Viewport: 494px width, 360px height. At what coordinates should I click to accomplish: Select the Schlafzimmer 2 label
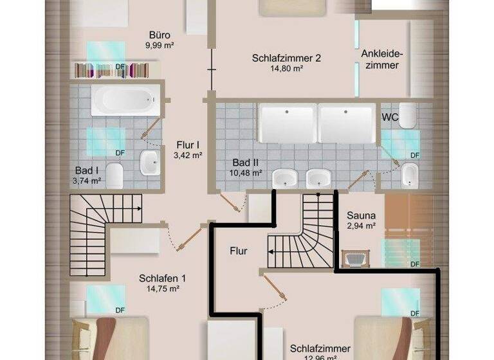tap(286, 59)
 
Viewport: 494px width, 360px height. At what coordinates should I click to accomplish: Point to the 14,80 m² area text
tap(286, 69)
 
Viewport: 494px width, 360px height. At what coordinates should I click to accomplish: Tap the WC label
tap(390, 118)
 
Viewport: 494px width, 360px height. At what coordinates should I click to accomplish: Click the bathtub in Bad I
tap(123, 102)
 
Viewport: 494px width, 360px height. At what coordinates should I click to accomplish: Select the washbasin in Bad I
tap(150, 163)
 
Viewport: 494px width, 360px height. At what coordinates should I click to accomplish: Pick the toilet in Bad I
tap(114, 174)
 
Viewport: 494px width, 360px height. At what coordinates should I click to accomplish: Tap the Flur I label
tap(189, 145)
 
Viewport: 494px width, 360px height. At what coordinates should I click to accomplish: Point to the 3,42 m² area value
tap(189, 155)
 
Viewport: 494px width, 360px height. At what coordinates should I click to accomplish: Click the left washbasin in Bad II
tap(284, 178)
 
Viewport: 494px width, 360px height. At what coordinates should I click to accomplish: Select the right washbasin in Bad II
tap(318, 178)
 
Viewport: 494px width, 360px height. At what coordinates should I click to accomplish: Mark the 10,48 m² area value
tap(246, 172)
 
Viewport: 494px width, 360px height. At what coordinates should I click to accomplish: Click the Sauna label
tap(361, 215)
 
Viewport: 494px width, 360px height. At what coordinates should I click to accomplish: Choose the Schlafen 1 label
tap(162, 278)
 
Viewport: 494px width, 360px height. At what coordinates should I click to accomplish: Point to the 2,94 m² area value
tap(361, 226)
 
